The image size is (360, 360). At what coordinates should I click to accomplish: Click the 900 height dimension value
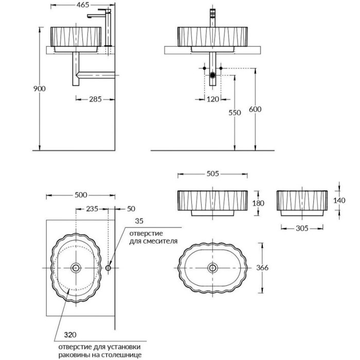point(40,88)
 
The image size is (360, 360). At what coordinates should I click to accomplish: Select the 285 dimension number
point(95,99)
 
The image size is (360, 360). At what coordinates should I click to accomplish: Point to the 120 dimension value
point(213,99)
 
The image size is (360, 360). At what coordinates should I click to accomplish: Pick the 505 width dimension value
point(212,174)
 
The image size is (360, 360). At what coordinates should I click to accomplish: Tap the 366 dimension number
point(262,267)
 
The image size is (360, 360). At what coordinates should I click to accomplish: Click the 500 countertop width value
point(81,195)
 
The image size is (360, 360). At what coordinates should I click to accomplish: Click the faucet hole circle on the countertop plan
point(108,268)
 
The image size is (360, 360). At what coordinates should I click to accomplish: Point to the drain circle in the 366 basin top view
point(212,267)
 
